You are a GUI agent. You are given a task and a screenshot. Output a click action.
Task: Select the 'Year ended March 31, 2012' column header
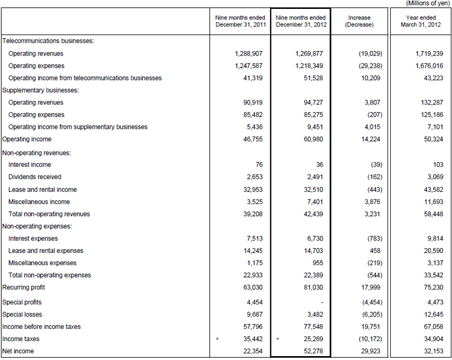pos(420,21)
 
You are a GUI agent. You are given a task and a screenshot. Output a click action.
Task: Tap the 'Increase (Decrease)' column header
pos(359,21)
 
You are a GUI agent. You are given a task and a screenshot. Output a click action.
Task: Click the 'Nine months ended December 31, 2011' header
pos(240,21)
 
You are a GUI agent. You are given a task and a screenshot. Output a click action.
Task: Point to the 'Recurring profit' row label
pos(24,287)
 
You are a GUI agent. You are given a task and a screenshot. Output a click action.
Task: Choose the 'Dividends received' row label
pos(34,177)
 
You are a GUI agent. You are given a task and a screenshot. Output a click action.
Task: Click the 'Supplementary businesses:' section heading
pos(41,90)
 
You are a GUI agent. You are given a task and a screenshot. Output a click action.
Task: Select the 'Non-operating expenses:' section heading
pos(37,226)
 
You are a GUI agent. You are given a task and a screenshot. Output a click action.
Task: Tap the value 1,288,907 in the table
pos(249,53)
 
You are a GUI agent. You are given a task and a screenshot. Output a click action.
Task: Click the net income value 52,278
pos(314,351)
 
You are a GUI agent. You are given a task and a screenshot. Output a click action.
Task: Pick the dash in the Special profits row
pos(322,302)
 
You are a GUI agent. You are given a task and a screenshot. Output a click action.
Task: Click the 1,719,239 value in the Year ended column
pos(429,53)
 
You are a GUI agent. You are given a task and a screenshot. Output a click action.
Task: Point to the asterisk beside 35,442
pos(217,339)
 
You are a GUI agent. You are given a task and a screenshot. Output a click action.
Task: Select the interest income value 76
pos(259,164)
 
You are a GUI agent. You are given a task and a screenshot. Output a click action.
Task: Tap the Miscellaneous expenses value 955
pos(317,263)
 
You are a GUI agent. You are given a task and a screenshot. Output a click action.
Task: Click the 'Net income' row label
pos(18,351)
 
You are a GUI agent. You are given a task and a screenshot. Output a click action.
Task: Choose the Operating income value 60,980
pos(314,139)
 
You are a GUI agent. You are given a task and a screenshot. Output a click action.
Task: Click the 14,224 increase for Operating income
pos(371,139)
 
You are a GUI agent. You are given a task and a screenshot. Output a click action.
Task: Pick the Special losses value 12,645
pos(434,314)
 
